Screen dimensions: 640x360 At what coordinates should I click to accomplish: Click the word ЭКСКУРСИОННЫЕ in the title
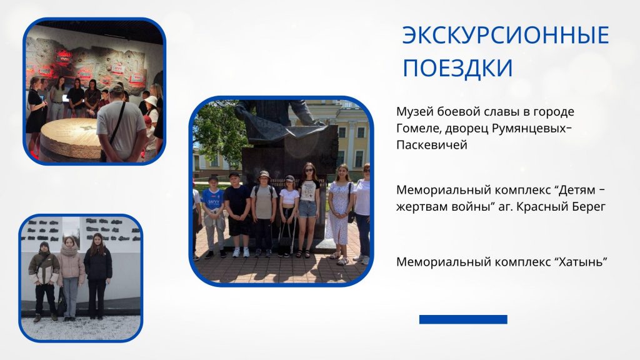[x=505, y=35]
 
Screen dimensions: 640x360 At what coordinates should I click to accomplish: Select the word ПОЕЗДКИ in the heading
[x=457, y=67]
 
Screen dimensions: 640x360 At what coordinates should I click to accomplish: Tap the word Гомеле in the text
[x=419, y=129]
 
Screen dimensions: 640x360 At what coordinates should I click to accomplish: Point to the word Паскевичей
[x=431, y=145]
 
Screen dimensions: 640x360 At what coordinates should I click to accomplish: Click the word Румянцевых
[x=529, y=129]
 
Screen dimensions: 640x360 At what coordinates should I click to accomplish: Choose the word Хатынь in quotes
[x=580, y=262]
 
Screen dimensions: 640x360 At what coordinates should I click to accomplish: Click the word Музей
[x=415, y=112]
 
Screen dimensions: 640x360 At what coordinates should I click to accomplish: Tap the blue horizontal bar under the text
[x=463, y=319]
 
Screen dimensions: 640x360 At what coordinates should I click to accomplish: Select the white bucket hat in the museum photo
[x=151, y=101]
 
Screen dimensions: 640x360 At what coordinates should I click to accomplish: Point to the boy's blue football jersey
[x=212, y=199]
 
